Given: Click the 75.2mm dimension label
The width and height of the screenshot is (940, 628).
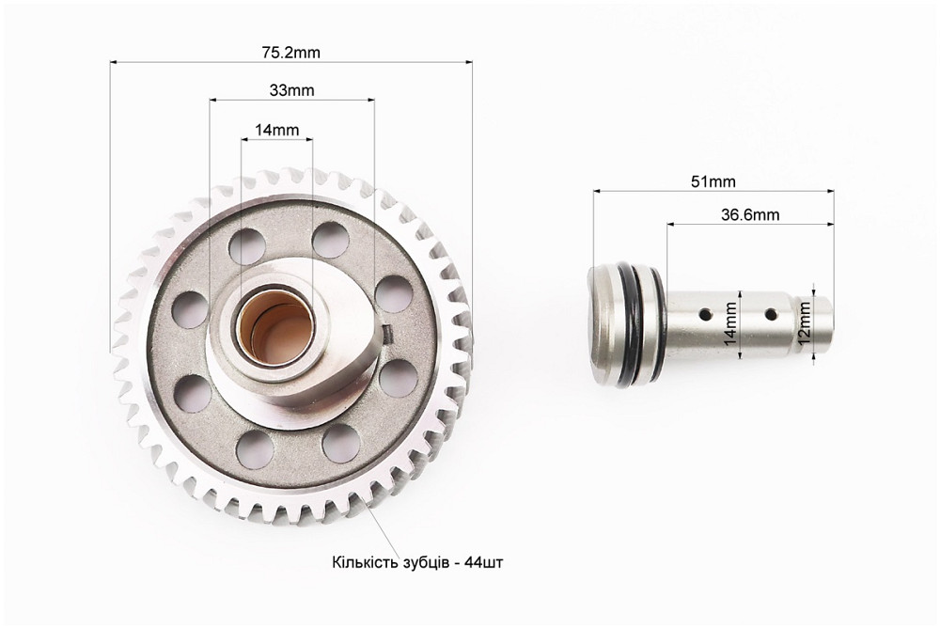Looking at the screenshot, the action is tap(290, 53).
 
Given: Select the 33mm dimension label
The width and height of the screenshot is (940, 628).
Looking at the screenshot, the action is tap(292, 90).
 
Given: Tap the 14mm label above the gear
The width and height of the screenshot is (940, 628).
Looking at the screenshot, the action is tap(276, 130).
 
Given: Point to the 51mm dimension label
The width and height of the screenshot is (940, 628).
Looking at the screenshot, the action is tap(713, 181).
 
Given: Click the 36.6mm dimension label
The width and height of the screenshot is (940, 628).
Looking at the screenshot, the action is tap(750, 214).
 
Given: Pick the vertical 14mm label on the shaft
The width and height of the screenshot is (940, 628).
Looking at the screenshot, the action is tap(730, 323).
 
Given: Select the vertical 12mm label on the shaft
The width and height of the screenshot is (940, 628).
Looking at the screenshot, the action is tap(805, 322).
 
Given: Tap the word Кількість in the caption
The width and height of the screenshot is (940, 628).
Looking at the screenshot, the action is tap(362, 562).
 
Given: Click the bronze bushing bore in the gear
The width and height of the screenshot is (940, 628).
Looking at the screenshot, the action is tap(275, 327).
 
